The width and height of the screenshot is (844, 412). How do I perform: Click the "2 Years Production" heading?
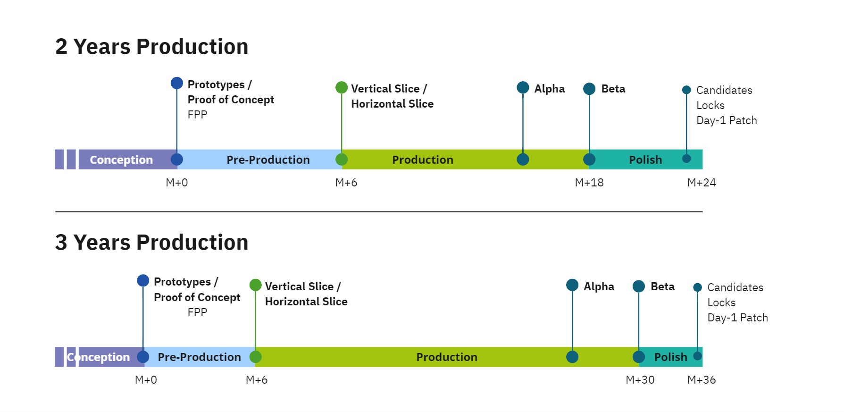151,47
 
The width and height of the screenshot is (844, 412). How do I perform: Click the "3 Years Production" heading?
151,243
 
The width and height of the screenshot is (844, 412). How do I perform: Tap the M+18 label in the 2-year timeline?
589,183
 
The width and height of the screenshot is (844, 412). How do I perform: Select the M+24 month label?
701,183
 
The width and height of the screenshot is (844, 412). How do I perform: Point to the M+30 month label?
640,380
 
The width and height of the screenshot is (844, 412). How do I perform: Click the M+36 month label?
701,380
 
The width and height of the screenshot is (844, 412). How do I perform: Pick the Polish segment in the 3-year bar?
670,357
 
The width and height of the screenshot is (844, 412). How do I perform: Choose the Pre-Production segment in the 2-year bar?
267,160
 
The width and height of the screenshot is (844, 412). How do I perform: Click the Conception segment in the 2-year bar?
121,160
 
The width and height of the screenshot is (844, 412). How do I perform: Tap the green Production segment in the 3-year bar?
446,357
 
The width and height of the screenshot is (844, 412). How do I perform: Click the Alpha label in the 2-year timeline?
549,89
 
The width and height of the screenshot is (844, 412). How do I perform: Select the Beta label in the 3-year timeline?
662,286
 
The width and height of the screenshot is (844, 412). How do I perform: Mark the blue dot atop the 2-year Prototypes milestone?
176,84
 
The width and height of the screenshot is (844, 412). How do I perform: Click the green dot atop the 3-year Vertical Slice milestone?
255,285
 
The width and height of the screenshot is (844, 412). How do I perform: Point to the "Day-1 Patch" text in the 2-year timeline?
727,120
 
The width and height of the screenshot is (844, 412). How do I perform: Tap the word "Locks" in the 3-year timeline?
721,303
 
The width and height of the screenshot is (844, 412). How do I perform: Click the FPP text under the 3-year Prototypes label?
197,312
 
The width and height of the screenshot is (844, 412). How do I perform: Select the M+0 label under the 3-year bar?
146,380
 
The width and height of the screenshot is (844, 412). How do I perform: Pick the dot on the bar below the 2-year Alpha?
523,160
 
